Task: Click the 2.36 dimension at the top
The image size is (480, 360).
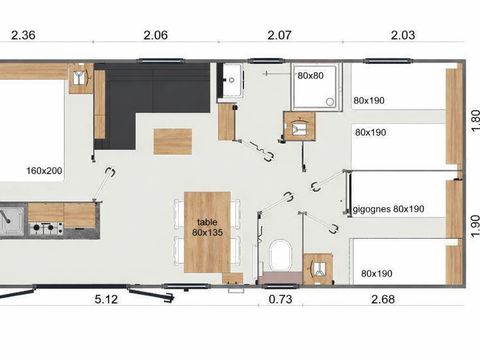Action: pos(24,35)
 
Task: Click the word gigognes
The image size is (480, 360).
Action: pos(371,210)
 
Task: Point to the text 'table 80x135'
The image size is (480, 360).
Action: pos(208,226)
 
